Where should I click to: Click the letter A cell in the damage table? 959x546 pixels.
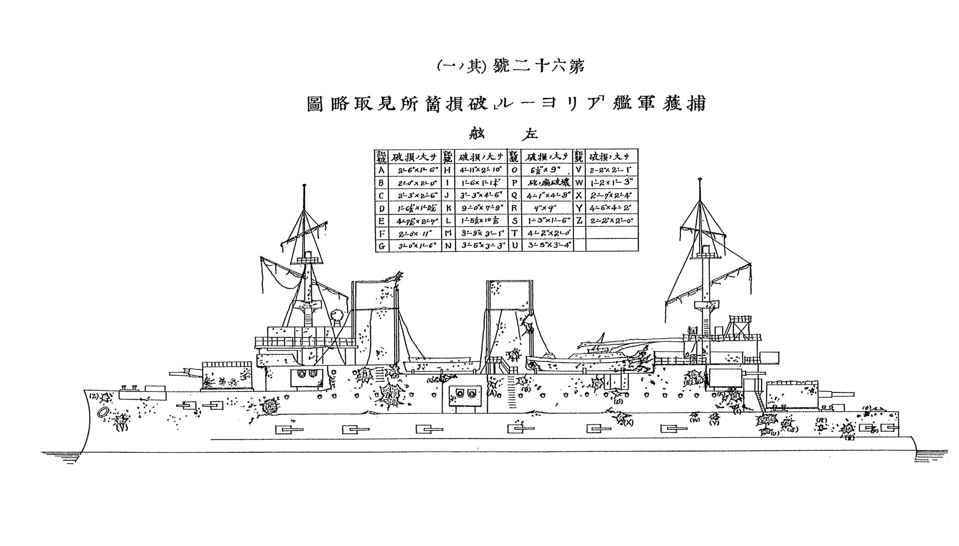382,171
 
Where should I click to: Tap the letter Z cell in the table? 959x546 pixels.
579,221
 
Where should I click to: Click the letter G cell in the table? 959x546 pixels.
382,246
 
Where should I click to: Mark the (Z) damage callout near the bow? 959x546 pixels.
94,396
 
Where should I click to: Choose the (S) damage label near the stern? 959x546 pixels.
794,428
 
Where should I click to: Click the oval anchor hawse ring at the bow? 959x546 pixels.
103,413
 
